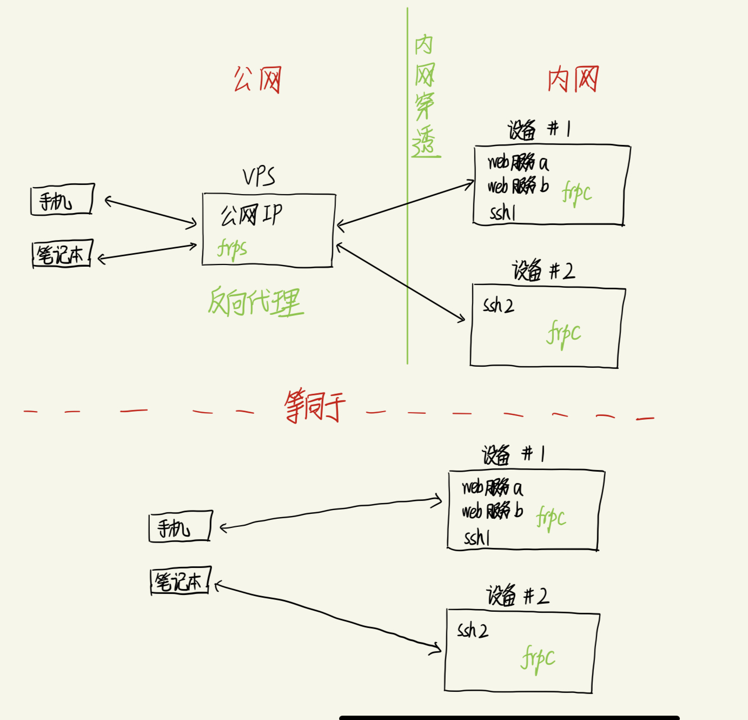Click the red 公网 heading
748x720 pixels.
tap(257, 80)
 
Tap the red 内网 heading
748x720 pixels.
tap(573, 80)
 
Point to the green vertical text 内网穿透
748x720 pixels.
tap(425, 96)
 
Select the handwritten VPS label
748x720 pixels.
tap(259, 177)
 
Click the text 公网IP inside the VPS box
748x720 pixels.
tap(251, 215)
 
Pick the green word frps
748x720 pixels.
tap(232, 248)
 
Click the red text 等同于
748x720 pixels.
tap(314, 406)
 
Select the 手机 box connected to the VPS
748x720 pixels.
tap(62, 200)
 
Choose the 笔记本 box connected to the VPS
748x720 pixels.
tap(62, 254)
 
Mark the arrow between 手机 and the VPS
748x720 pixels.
tap(150, 212)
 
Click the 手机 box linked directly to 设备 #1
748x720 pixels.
tap(180, 526)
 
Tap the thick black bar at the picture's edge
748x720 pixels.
tap(508, 717)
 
